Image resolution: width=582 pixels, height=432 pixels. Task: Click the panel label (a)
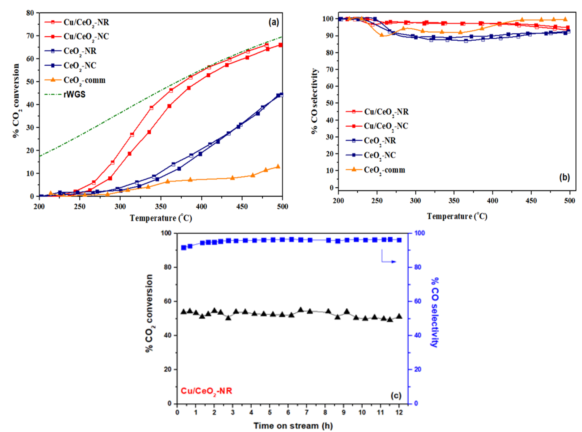tap(274, 22)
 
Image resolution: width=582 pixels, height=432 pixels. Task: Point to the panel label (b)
tap(564, 177)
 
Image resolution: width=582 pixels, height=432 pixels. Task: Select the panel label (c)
tap(396, 395)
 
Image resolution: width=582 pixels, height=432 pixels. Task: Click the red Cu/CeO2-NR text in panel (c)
tap(206, 391)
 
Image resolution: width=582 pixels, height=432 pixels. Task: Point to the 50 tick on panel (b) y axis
tap(330, 103)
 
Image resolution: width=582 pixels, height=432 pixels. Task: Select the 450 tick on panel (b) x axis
tap(531, 201)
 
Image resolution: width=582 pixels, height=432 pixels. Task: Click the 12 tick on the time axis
tap(399, 413)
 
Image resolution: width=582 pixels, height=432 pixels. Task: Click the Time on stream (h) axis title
tap(293, 426)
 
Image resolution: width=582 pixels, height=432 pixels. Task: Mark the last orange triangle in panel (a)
tap(278, 166)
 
